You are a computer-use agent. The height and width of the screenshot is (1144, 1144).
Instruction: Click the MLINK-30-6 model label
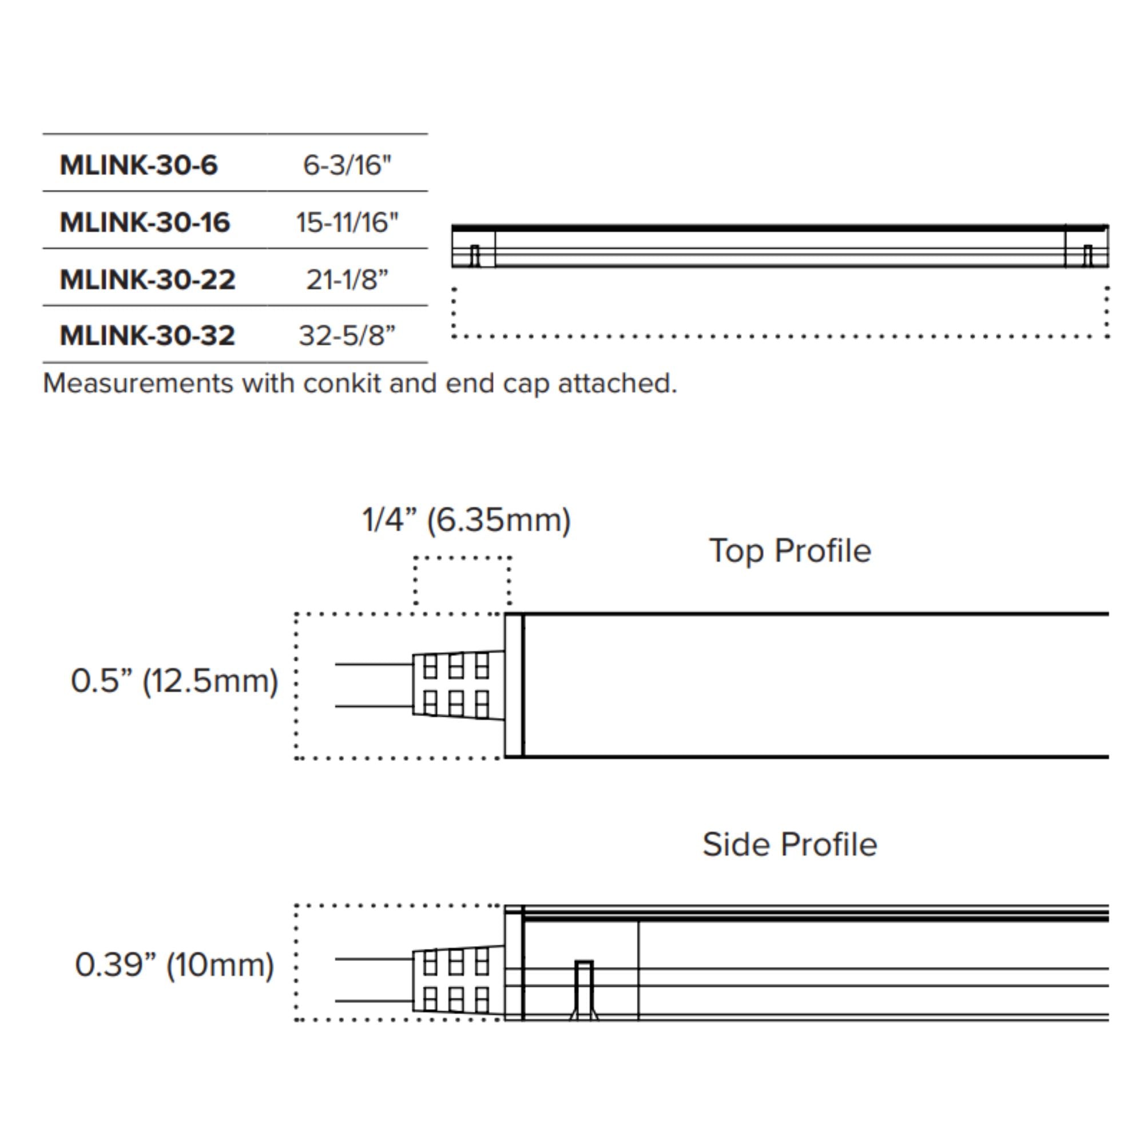tap(138, 165)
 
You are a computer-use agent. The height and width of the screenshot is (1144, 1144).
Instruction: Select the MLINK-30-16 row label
tap(145, 222)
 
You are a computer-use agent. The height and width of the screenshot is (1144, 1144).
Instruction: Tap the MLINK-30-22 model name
tap(148, 279)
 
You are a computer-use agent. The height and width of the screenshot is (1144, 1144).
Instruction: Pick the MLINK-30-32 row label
tap(148, 335)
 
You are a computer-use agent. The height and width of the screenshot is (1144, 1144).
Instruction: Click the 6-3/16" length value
tap(347, 165)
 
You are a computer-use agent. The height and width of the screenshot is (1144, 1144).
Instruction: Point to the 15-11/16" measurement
tap(347, 222)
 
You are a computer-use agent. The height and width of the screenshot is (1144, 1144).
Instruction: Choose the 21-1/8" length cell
tap(347, 279)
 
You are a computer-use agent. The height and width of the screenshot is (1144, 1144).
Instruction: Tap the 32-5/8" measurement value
tap(347, 335)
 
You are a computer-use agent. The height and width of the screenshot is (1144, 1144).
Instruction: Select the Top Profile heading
tap(790, 551)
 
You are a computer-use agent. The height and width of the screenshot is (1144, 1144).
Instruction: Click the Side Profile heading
tap(790, 844)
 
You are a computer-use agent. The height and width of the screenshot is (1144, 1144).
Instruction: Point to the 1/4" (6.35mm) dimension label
tap(466, 520)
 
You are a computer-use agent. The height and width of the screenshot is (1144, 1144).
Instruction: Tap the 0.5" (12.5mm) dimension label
tap(174, 680)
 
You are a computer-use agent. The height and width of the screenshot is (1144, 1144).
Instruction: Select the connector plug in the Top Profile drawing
tap(458, 685)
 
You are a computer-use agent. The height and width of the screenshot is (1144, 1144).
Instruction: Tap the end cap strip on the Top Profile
tap(514, 685)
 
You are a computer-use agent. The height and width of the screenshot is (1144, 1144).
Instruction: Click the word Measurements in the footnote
tap(138, 384)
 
